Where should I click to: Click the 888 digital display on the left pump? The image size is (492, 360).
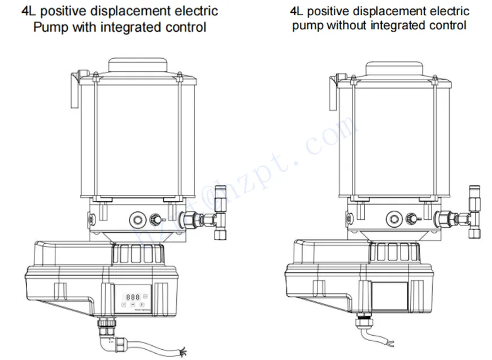click(133, 296)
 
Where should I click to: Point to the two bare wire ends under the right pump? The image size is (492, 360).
click(390, 342)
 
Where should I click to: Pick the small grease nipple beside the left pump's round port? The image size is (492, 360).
click(155, 218)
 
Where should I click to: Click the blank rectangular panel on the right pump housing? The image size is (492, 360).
click(390, 295)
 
